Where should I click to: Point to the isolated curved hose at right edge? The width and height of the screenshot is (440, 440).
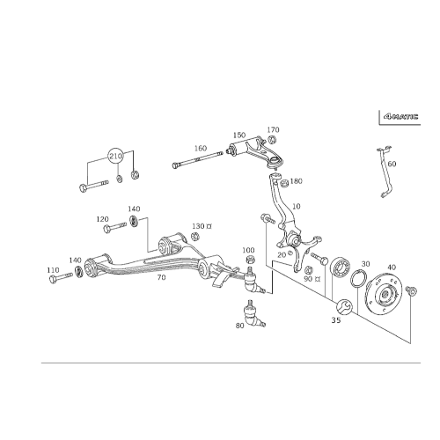(385, 172)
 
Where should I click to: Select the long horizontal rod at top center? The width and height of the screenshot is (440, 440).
(198, 159)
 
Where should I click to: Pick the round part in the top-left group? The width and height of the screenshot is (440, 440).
(114, 157)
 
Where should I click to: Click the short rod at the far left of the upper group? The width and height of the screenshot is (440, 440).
(92, 186)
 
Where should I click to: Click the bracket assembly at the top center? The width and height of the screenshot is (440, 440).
(251, 143)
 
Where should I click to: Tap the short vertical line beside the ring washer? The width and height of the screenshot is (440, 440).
(325, 280)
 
